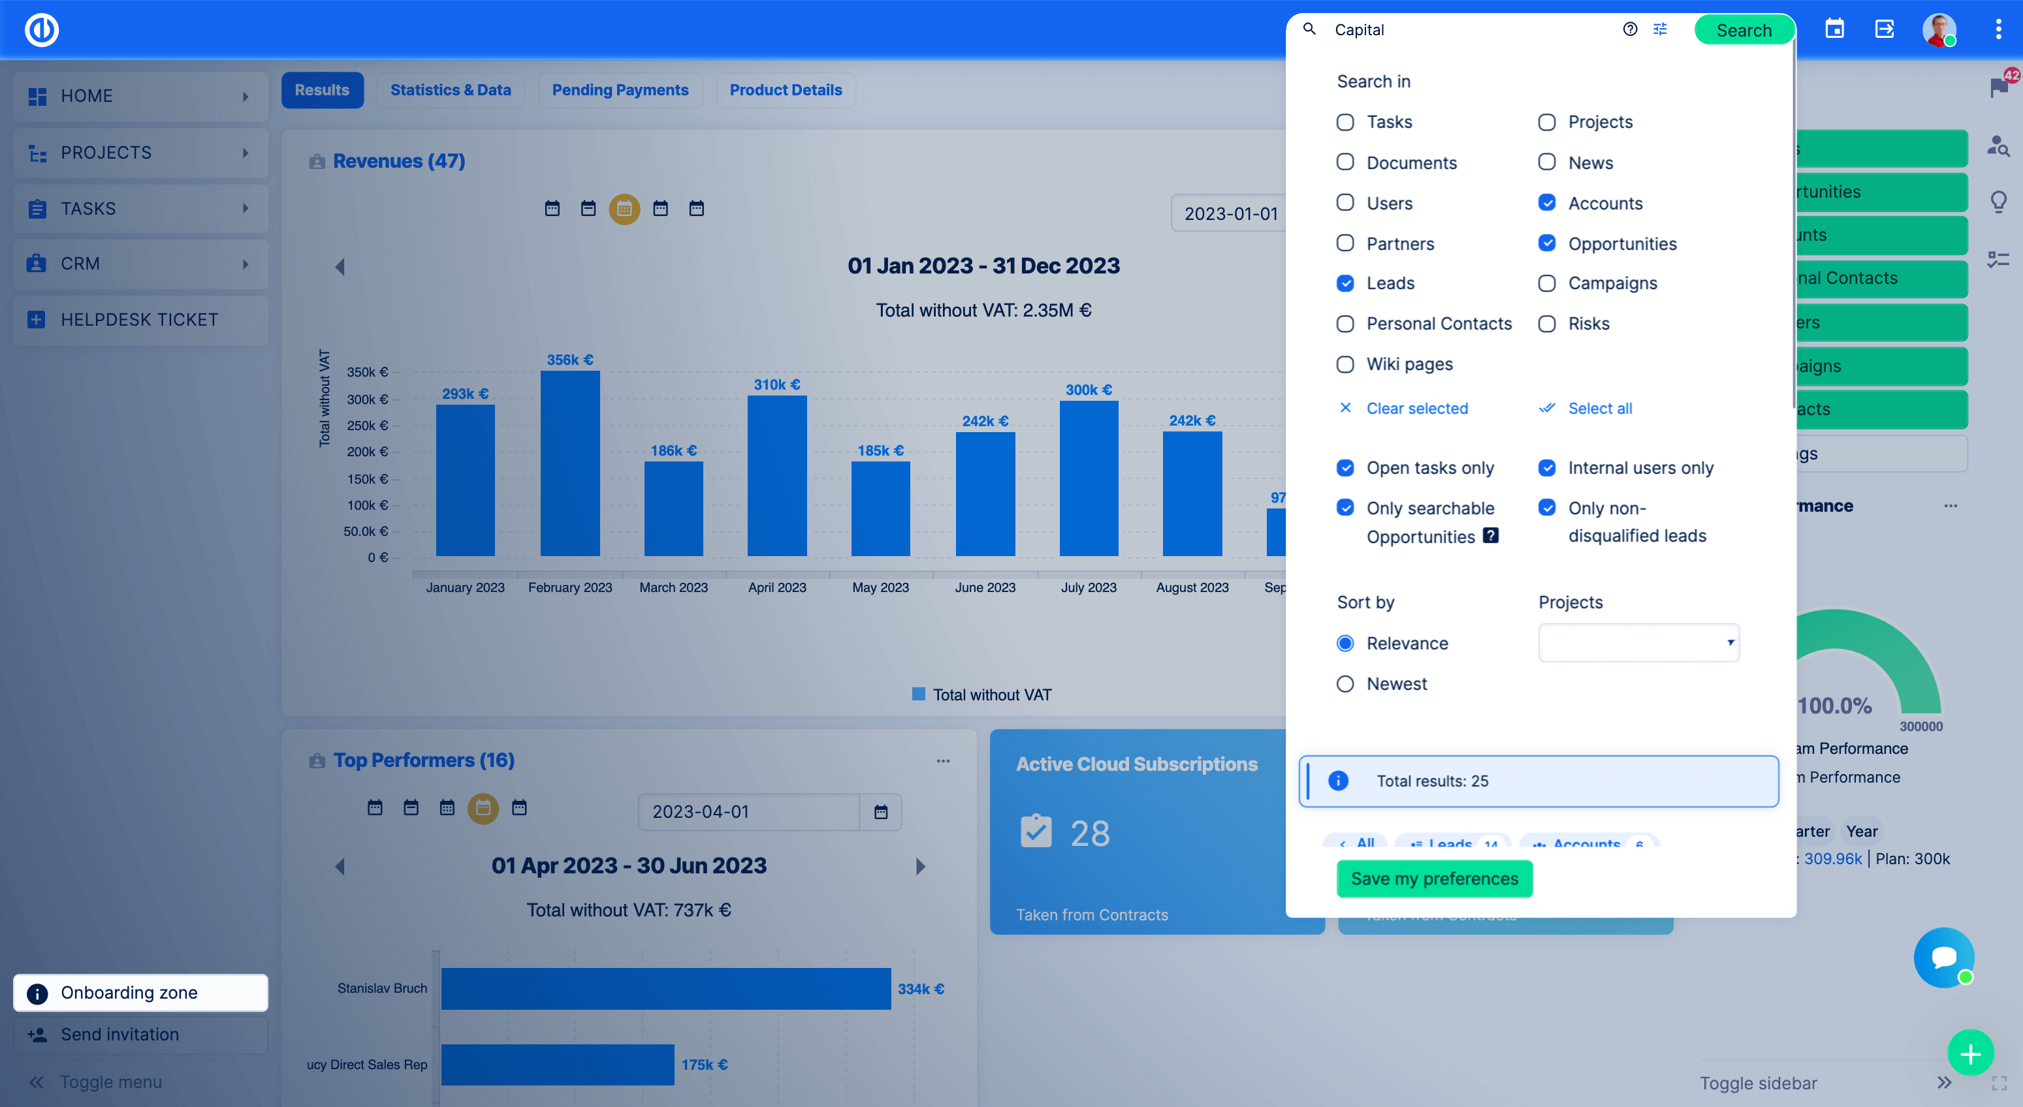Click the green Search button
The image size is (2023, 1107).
pyautogui.click(x=1744, y=30)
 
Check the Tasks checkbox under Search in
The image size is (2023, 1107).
pyautogui.click(x=1345, y=123)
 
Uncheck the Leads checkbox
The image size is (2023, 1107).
pyautogui.click(x=1345, y=283)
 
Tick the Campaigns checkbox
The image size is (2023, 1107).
pyautogui.click(x=1546, y=283)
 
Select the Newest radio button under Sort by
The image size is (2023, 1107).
pyautogui.click(x=1345, y=684)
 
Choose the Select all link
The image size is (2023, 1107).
pyautogui.click(x=1599, y=408)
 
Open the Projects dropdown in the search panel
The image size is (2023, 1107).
pyautogui.click(x=1638, y=643)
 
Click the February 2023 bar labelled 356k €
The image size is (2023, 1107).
pyautogui.click(x=570, y=463)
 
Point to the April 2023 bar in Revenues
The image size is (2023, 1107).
pyautogui.click(x=776, y=476)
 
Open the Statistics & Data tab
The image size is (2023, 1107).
pyautogui.click(x=450, y=90)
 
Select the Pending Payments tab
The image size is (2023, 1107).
pyautogui.click(x=620, y=90)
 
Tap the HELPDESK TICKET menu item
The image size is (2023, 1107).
pyautogui.click(x=140, y=320)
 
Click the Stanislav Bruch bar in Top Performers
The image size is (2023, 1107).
pyautogui.click(x=665, y=988)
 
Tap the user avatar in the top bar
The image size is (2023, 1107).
pyautogui.click(x=1938, y=30)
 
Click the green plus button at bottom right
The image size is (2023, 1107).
pyautogui.click(x=1970, y=1053)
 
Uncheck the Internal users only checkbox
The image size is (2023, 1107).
pyautogui.click(x=1546, y=468)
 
